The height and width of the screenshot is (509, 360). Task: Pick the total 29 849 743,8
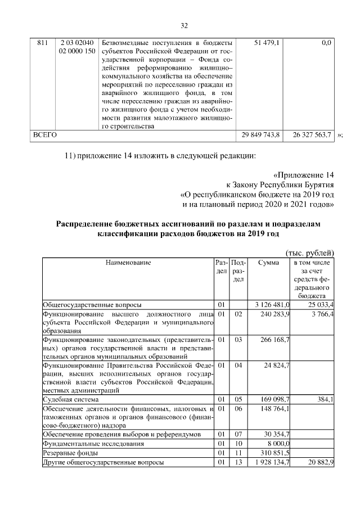(x=264, y=136)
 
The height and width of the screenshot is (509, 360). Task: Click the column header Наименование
(x=128, y=262)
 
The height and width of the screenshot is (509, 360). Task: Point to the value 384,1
(x=326, y=399)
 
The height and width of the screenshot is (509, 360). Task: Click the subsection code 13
(x=238, y=462)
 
